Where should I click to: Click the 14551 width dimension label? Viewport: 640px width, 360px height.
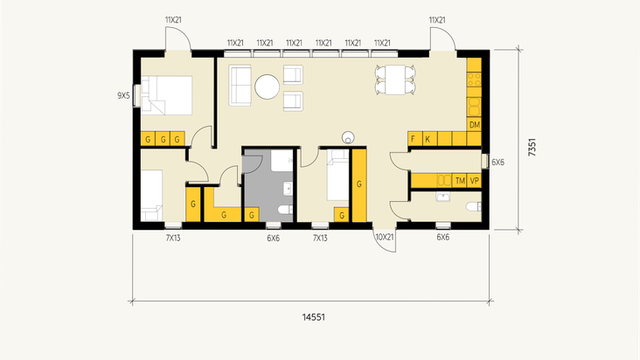coord(314,317)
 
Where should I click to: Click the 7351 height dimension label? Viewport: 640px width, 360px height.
coord(532,147)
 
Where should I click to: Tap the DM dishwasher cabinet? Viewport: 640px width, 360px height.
coord(474,125)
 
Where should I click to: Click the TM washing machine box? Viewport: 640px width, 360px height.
coord(460,181)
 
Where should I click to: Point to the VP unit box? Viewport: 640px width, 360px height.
coord(474,181)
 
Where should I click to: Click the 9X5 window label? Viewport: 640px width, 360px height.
coord(123,96)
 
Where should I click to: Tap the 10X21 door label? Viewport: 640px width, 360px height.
coord(384,237)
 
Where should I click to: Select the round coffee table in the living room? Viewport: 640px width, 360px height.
coord(267,87)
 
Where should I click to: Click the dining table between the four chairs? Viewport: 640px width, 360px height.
coord(395,80)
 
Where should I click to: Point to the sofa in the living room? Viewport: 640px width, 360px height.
coord(240,86)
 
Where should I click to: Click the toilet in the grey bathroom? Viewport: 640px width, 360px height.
coord(286,210)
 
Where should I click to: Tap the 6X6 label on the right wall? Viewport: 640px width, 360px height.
coord(498,163)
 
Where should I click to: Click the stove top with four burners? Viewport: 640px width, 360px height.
coord(474,80)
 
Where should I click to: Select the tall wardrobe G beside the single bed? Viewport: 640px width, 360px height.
coord(359,185)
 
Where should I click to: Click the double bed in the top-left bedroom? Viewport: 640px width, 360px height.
coord(166,95)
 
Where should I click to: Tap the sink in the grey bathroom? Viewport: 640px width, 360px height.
coord(289,189)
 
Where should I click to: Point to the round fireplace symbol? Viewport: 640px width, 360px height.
coord(348,137)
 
